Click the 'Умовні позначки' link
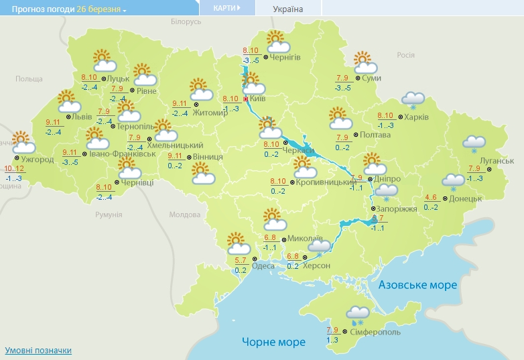38,351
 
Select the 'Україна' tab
288,9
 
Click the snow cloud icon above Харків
413,100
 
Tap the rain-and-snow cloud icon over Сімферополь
356,312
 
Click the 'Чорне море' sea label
273,342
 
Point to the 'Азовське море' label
417,285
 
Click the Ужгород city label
37,160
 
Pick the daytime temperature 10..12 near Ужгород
13,169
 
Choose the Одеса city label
263,265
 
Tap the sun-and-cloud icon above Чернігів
277,42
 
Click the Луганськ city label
497,161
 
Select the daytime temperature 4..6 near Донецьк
432,197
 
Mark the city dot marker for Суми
358,78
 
